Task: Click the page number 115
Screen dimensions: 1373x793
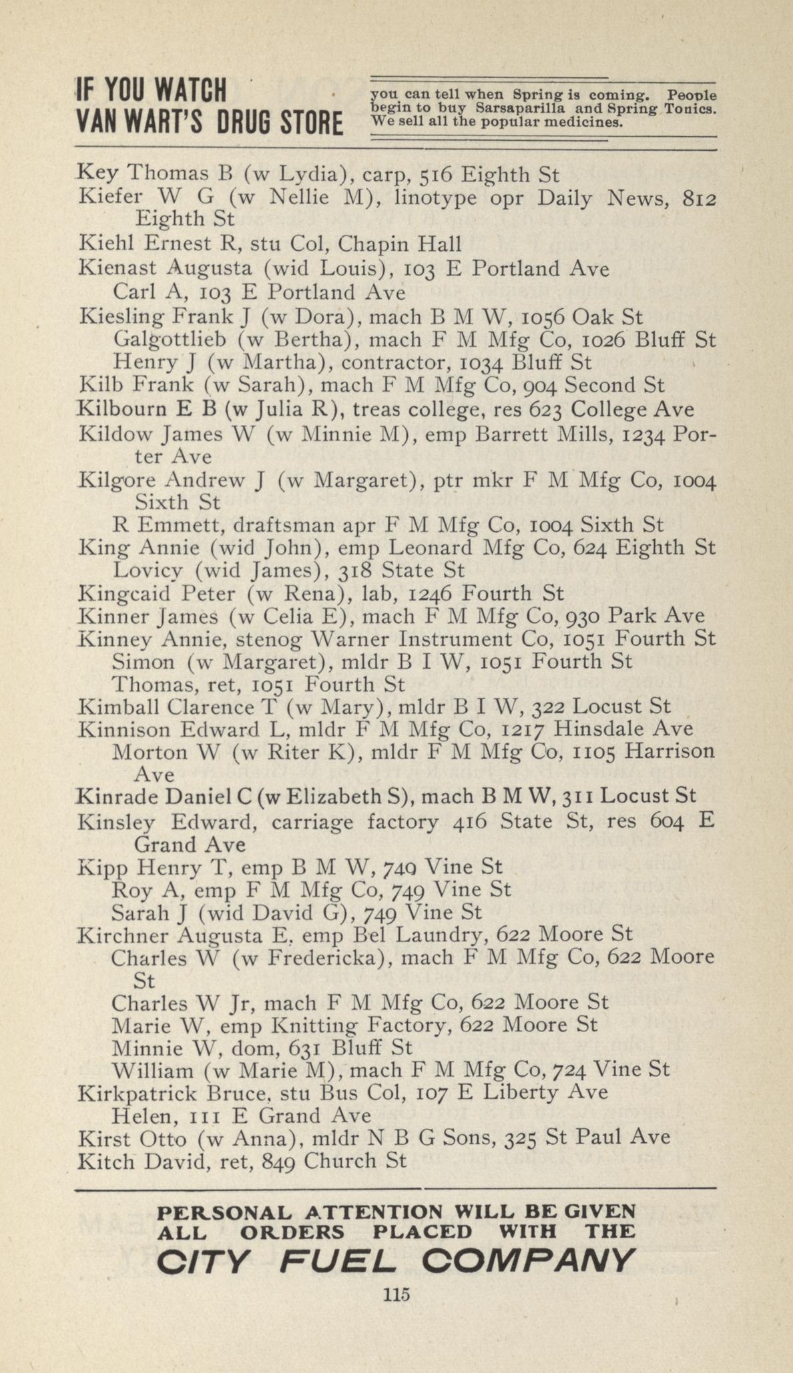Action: click(396, 1294)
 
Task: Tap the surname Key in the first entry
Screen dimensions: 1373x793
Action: click(98, 175)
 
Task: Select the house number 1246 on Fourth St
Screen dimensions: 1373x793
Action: click(431, 593)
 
